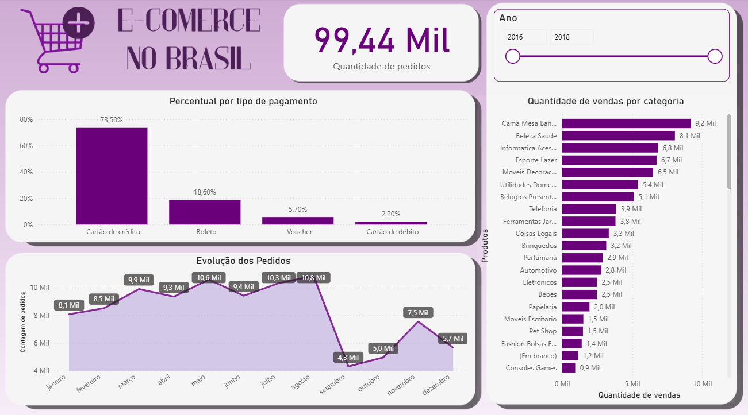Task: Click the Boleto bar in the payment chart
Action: point(205,212)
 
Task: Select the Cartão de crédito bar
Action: point(112,176)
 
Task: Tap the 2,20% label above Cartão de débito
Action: point(391,214)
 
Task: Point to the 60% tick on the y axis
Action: point(26,146)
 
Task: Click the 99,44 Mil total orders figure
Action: point(381,40)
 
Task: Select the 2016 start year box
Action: point(524,37)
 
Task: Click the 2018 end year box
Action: point(571,37)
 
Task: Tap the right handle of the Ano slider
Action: point(715,56)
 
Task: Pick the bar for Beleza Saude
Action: point(618,136)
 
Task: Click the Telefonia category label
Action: point(543,209)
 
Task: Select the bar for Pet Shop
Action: point(572,331)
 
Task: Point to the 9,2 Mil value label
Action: point(705,123)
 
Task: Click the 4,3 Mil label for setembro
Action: point(348,357)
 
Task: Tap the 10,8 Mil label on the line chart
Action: point(313,278)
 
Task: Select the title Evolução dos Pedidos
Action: point(243,261)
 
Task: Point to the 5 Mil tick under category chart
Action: point(632,383)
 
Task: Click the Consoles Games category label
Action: point(531,368)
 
